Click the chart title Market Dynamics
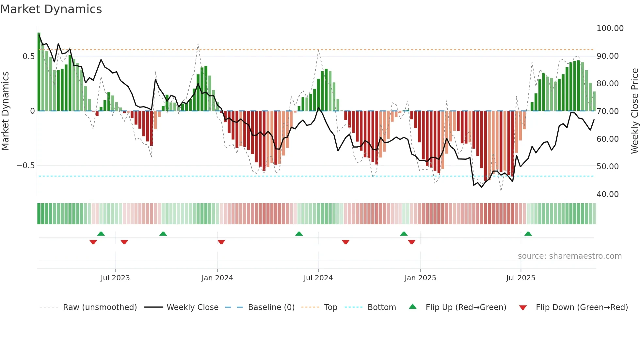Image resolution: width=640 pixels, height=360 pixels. [51, 9]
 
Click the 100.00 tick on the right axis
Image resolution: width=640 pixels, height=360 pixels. [610, 28]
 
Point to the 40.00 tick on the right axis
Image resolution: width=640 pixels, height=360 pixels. [607, 194]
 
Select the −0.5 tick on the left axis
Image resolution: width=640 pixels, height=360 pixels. [26, 166]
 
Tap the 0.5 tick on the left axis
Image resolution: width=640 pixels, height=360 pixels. [28, 57]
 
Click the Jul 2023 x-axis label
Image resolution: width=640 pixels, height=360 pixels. [115, 278]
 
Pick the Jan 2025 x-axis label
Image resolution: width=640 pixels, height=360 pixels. [420, 278]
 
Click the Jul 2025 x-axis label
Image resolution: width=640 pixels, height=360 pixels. [520, 278]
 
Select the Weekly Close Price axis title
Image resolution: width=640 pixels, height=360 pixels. [634, 111]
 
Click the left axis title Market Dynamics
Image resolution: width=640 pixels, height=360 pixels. [5, 111]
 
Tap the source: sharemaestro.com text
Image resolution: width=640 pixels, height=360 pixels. [569, 256]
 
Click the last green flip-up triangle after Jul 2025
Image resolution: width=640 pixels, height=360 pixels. [528, 234]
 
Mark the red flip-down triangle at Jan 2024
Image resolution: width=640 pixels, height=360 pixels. [221, 242]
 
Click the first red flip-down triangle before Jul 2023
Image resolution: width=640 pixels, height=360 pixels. [93, 242]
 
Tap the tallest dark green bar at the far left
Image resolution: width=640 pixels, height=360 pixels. [39, 72]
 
